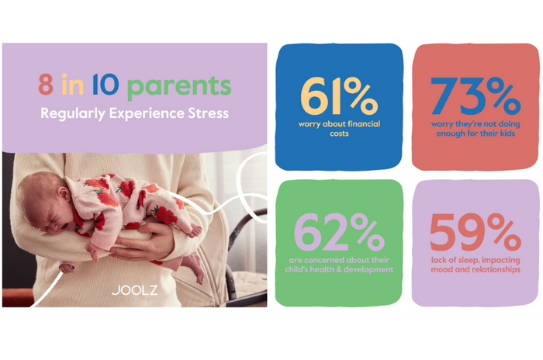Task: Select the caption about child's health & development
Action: (339, 265)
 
